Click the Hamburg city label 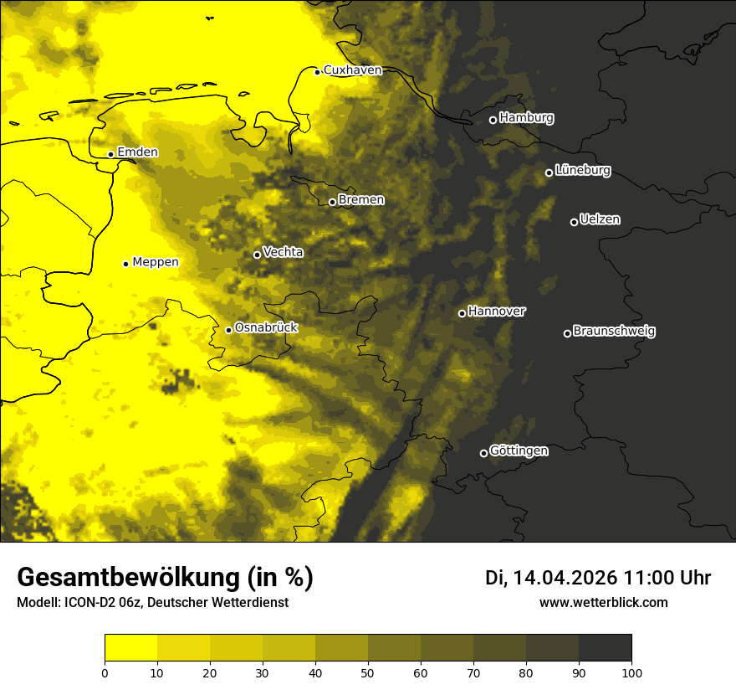click(526, 118)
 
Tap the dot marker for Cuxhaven click(318, 72)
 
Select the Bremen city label click(361, 200)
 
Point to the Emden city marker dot click(110, 154)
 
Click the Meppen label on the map click(156, 262)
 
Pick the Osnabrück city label click(266, 327)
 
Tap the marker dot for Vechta click(257, 255)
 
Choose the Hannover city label click(497, 311)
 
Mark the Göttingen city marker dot click(483, 453)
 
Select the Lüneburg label click(582, 171)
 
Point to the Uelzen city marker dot click(574, 222)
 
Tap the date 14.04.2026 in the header click(565, 578)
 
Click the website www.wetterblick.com click(603, 602)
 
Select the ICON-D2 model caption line click(152, 603)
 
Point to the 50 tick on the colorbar click(368, 672)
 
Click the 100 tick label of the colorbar click(631, 672)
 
